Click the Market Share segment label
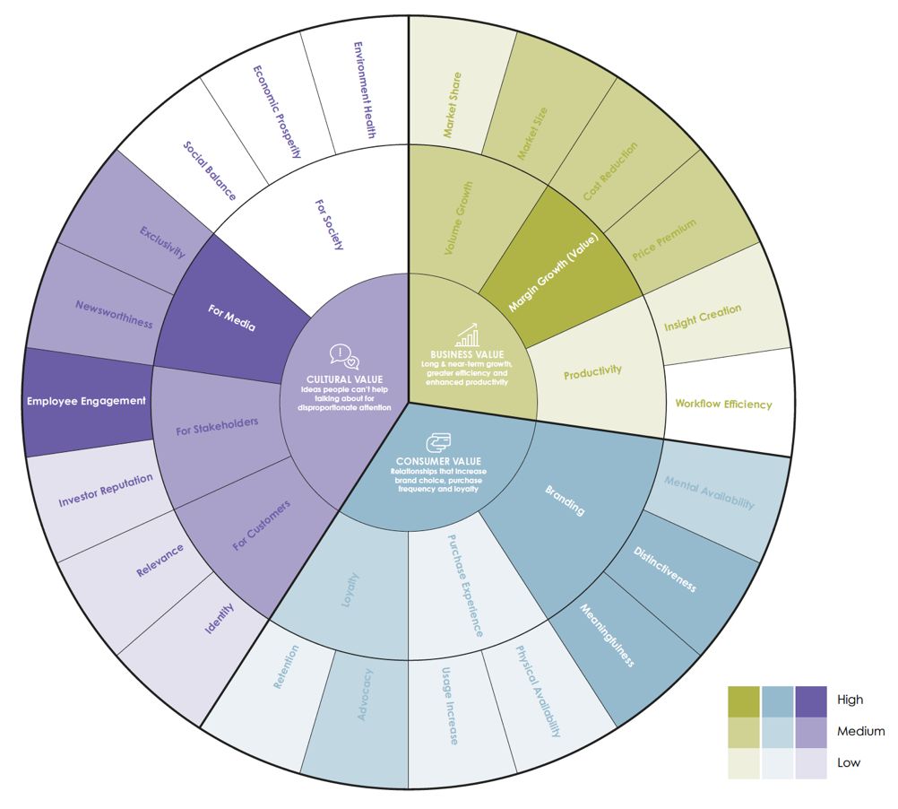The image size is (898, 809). (453, 105)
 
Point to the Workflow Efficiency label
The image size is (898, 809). (723, 404)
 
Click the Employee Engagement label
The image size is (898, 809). (86, 401)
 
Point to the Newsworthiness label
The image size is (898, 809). (113, 314)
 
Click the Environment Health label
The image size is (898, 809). (364, 89)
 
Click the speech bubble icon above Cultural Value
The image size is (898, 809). (345, 355)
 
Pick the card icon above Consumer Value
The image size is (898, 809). (438, 444)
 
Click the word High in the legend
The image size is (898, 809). (850, 700)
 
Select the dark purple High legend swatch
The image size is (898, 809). (811, 700)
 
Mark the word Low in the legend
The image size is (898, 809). (848, 762)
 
